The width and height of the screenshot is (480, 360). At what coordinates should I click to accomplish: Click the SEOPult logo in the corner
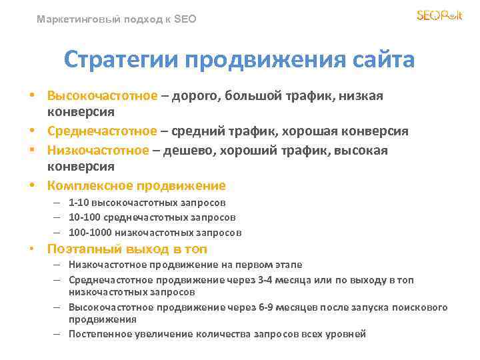click(439, 15)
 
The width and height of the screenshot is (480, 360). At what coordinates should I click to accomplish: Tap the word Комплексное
click(90, 185)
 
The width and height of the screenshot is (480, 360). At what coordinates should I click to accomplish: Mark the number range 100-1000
click(90, 233)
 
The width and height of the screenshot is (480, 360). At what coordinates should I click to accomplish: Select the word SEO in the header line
click(185, 20)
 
